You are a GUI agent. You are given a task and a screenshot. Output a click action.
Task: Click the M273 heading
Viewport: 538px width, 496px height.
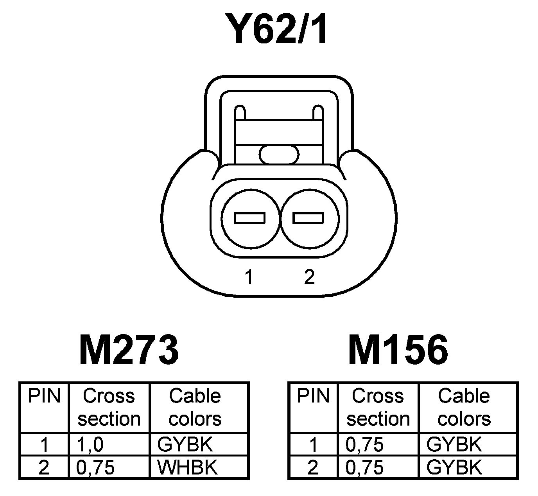[129, 350]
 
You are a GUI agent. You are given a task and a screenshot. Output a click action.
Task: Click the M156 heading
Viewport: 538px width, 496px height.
[398, 350]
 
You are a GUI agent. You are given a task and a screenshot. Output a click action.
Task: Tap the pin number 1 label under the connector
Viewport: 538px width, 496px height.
[249, 277]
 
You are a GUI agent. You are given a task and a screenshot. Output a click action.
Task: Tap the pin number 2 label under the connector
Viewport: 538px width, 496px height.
[309, 277]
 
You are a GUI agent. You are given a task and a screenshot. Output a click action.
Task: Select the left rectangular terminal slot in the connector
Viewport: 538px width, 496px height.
[249, 218]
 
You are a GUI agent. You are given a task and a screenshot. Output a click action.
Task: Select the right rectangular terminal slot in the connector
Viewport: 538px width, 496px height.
[308, 218]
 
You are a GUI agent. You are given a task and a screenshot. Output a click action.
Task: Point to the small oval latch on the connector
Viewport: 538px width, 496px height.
[279, 154]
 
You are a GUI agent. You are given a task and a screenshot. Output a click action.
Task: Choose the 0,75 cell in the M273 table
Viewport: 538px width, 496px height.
[96, 467]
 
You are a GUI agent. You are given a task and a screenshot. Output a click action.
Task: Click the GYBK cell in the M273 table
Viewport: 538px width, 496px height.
[185, 445]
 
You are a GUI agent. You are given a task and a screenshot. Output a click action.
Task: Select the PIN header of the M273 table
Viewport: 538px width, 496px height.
[44, 396]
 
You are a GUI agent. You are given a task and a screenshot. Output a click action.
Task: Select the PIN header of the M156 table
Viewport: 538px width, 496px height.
[313, 396]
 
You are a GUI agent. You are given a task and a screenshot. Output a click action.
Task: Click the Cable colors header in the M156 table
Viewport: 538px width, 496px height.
[464, 407]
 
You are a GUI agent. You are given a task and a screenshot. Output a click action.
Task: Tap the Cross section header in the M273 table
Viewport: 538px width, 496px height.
[109, 407]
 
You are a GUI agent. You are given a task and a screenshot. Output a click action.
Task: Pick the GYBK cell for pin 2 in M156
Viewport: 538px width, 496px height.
[454, 467]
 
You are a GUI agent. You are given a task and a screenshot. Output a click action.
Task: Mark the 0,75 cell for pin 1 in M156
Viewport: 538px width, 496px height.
[365, 445]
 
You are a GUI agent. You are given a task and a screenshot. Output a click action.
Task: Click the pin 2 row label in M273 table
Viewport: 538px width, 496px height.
[44, 467]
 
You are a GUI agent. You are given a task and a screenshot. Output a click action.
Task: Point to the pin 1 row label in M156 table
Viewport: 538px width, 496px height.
[313, 445]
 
